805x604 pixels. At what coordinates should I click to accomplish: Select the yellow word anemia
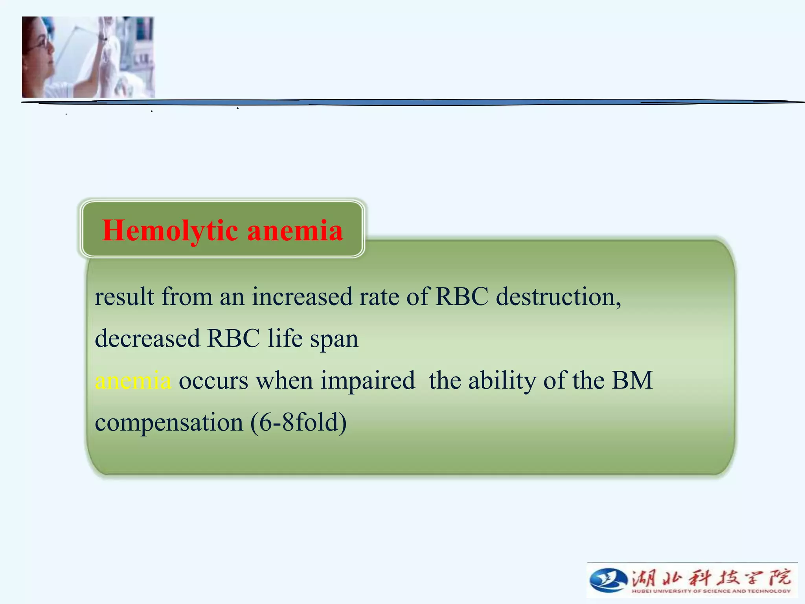tap(133, 381)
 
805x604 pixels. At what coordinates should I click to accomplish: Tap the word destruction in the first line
tap(558, 296)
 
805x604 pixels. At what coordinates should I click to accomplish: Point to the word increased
tap(302, 296)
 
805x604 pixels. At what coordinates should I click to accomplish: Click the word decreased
tap(147, 339)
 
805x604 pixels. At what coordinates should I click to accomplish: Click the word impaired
tap(368, 381)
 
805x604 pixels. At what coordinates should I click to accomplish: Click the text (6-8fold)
tap(299, 422)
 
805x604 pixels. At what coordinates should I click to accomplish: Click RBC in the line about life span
tap(233, 339)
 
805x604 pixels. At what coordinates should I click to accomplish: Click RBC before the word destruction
tap(462, 296)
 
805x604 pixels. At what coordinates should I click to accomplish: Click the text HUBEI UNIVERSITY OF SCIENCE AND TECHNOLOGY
tap(711, 591)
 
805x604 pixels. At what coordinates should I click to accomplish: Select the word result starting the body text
tap(124, 296)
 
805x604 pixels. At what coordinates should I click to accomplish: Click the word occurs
tap(213, 381)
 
